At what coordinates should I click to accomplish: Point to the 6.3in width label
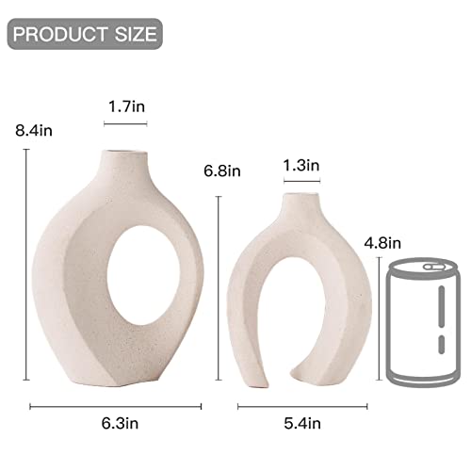[x=115, y=423]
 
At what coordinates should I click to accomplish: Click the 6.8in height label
[x=222, y=171]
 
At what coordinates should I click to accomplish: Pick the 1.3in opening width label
[x=301, y=166]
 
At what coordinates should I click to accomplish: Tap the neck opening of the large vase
[x=121, y=150]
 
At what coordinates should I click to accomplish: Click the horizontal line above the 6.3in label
[x=115, y=406]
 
